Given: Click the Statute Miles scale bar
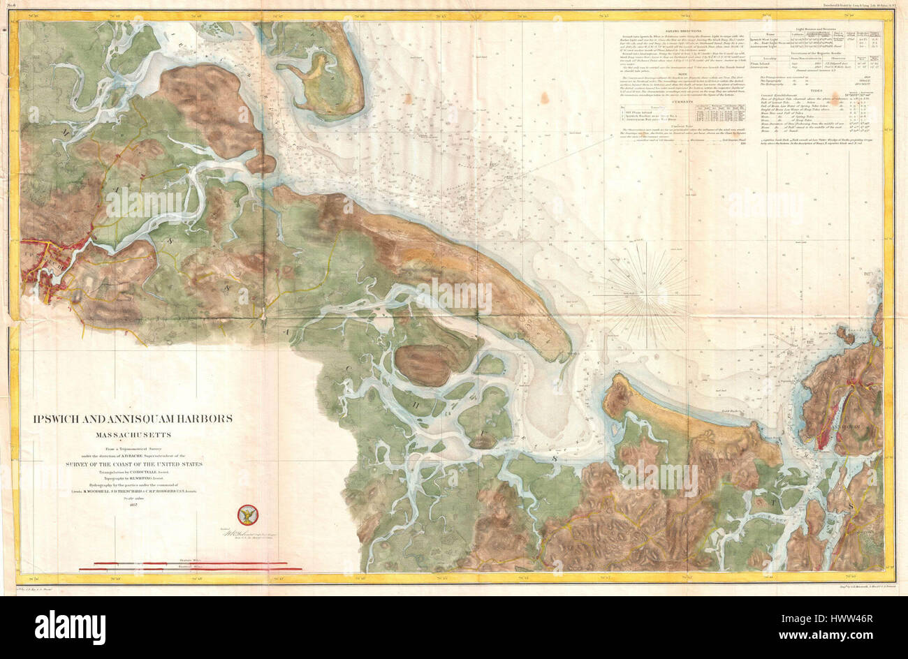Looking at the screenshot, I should click(184, 563).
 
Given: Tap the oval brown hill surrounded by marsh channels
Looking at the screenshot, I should click(424, 363).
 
